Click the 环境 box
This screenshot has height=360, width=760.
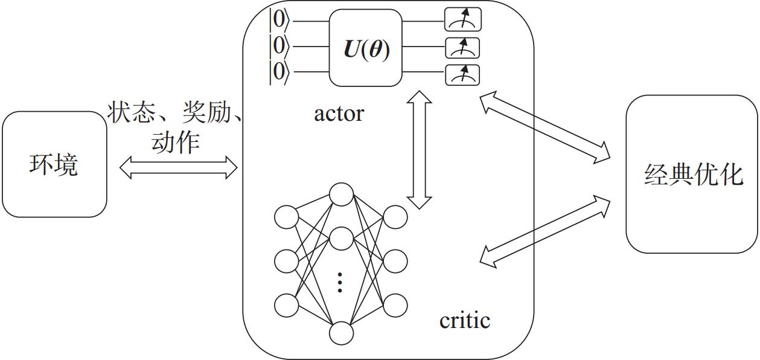coord(54,164)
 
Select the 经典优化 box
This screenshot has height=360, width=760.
coord(692,174)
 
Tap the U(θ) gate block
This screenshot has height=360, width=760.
coord(366,48)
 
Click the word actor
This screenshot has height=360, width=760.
coord(339,113)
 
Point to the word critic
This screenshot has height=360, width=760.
coord(464,320)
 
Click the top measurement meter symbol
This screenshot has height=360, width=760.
coord(463,21)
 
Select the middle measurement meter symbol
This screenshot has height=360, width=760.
coord(463,48)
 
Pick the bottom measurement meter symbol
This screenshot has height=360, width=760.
coord(463,74)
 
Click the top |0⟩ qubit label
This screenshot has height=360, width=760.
coord(279,21)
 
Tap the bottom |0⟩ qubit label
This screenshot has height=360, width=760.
coord(279,72)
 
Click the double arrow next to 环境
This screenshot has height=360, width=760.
coord(179,168)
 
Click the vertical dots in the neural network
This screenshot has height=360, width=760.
coord(340,282)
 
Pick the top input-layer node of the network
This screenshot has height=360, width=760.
coord(286,217)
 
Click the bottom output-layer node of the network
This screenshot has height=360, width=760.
coord(395,304)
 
